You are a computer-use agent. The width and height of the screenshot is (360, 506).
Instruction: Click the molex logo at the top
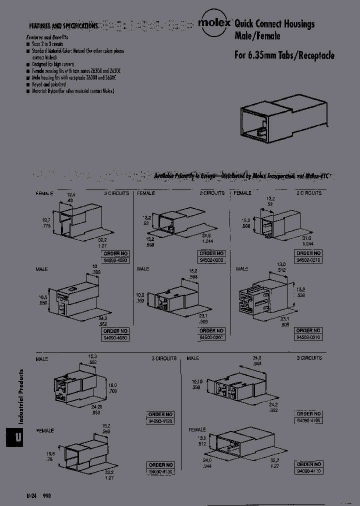(x=214, y=23)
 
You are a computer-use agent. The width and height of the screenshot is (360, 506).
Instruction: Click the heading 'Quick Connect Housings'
(x=274, y=24)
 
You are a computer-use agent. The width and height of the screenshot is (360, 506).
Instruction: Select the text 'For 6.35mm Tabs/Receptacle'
(x=284, y=55)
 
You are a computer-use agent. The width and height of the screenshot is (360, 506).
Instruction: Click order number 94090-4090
(x=115, y=260)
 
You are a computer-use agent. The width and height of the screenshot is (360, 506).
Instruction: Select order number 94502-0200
(x=211, y=260)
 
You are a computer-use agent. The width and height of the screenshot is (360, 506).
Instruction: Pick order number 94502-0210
(x=308, y=260)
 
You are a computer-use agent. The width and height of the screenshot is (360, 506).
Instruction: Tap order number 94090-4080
(x=115, y=338)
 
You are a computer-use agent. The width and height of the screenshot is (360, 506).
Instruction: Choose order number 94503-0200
(x=211, y=337)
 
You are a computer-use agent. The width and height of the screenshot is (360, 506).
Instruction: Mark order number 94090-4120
(x=160, y=421)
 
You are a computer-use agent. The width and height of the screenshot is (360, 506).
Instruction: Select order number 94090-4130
(x=160, y=471)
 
